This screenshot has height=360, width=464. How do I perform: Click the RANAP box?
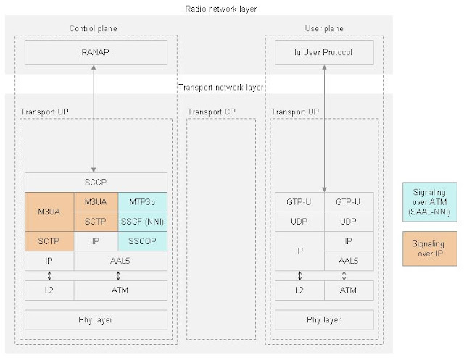coord(96,52)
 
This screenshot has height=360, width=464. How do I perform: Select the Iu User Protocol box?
coord(324,52)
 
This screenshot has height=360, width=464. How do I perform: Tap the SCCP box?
coord(96,183)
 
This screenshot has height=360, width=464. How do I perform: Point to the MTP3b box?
coord(143,201)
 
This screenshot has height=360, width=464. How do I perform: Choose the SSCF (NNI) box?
coord(143,221)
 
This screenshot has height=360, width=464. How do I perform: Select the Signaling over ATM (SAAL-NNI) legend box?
coord(429,201)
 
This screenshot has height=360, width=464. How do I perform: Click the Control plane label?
coord(93,29)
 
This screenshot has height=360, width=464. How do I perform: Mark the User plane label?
coord(323,29)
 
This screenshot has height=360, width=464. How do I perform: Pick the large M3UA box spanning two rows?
coord(49,211)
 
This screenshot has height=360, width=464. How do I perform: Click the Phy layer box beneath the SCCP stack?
coord(96,319)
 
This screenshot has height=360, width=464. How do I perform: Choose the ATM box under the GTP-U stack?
coord(349,290)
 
